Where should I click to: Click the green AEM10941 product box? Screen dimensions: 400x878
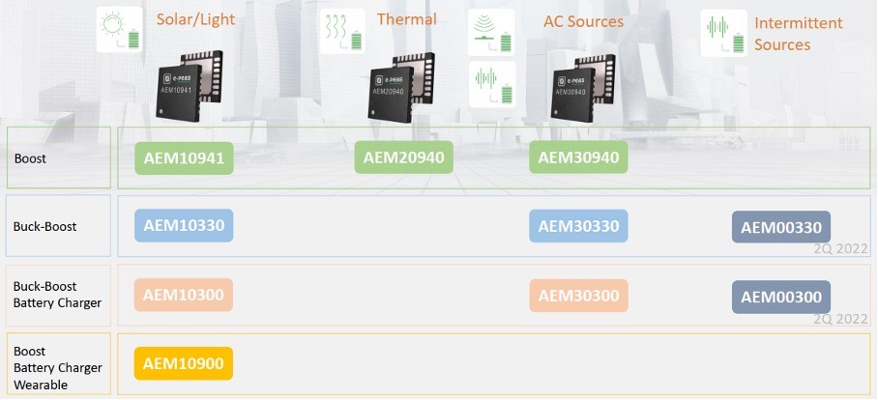point(185,157)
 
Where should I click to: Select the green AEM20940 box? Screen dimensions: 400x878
point(404,157)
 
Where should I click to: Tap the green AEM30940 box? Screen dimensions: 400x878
point(578,157)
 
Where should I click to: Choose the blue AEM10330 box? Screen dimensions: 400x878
point(185,226)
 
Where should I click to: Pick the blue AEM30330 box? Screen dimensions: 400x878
point(578,226)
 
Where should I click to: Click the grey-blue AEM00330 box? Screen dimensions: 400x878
point(781,228)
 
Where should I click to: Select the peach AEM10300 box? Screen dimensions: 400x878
point(185,296)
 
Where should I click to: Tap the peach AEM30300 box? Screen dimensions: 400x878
point(578,296)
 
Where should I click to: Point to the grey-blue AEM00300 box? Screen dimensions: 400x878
point(781,297)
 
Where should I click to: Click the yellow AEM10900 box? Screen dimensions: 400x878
point(185,363)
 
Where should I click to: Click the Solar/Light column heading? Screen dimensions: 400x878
point(195,19)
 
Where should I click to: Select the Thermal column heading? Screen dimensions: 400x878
point(406,19)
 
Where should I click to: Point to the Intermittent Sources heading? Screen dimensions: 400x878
point(798,34)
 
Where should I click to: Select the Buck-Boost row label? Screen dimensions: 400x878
point(44,226)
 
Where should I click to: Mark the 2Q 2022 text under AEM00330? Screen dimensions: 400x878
point(838,248)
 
